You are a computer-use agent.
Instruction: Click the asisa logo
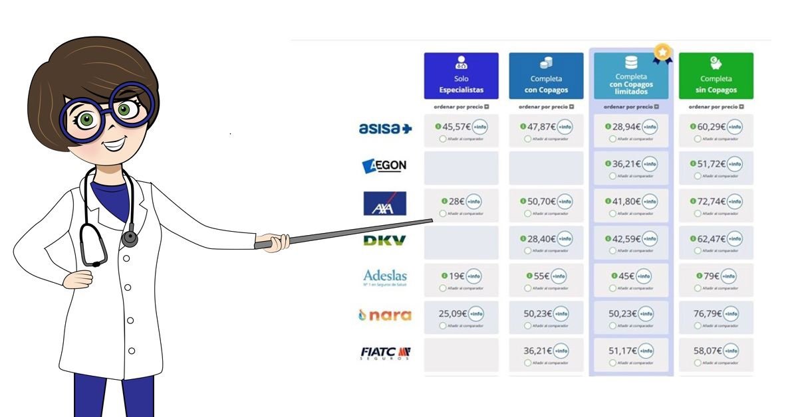point(385,129)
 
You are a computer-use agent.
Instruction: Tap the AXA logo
point(384,203)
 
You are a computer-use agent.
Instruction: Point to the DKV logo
point(384,240)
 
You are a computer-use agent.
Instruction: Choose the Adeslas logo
point(385,277)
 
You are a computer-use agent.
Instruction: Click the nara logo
point(384,315)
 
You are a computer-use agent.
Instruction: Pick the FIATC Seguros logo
point(385,353)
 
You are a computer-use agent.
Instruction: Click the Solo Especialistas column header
point(461,76)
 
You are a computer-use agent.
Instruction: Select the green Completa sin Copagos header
point(716,76)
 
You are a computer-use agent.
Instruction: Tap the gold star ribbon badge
point(662,52)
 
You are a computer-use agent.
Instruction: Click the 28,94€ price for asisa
point(625,127)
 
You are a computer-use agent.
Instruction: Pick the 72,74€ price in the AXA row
point(710,201)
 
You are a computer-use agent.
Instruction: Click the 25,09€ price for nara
point(452,313)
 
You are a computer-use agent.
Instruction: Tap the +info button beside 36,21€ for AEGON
point(649,164)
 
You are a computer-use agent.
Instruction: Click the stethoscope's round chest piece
point(130,239)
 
